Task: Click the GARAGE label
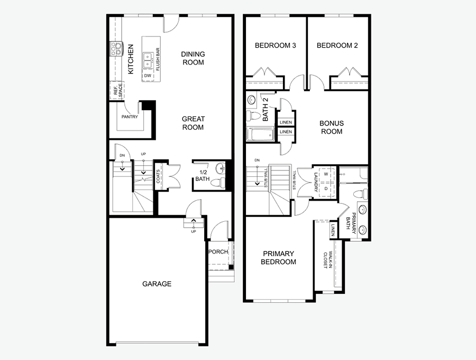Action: (157, 284)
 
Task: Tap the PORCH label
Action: (218, 251)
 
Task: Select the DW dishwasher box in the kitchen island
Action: (148, 76)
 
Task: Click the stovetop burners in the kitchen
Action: (116, 49)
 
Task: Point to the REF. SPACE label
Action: (118, 90)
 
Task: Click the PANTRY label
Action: (130, 116)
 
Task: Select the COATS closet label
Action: (158, 176)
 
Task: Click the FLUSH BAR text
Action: (157, 59)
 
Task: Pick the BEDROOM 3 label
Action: (276, 46)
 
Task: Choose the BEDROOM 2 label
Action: (337, 46)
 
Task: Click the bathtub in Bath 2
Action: (260, 134)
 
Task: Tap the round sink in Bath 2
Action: (251, 100)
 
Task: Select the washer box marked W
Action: (326, 174)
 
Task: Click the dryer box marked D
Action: (326, 188)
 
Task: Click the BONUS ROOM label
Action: (332, 127)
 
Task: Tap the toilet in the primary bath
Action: (361, 194)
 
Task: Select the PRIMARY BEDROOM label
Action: (278, 258)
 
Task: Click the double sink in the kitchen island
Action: (148, 60)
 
